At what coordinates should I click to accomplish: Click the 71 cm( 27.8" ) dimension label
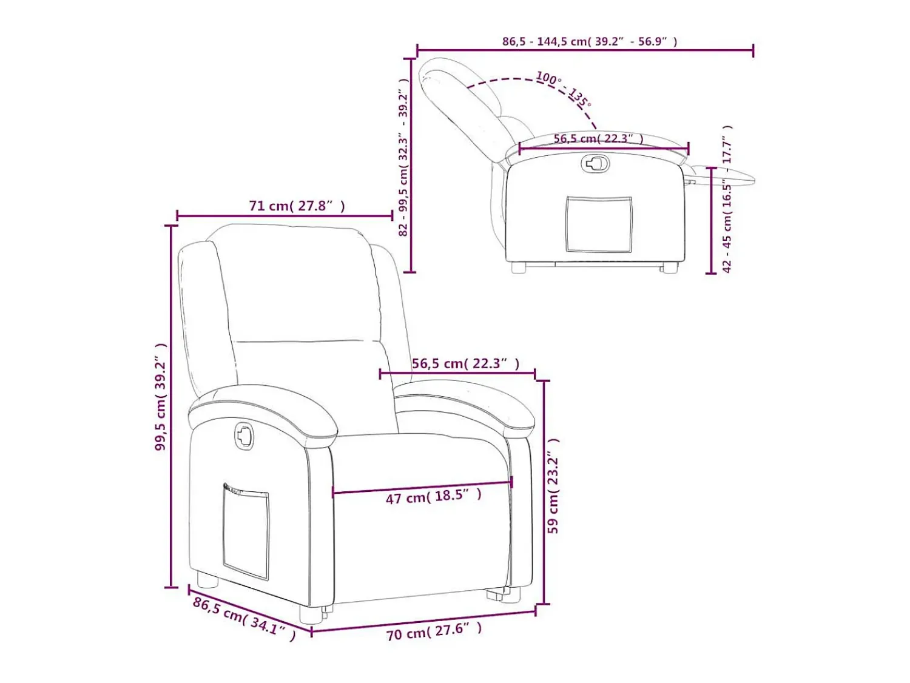click(x=297, y=206)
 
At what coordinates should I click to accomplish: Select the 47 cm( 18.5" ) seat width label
click(x=434, y=497)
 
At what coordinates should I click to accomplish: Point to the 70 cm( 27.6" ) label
click(x=434, y=631)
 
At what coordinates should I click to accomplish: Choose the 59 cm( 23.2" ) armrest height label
click(x=553, y=485)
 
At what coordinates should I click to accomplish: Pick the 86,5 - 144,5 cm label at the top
click(x=590, y=41)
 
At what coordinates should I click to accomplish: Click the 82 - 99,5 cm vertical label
click(x=403, y=157)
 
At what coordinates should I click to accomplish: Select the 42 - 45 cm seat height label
click(x=727, y=199)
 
